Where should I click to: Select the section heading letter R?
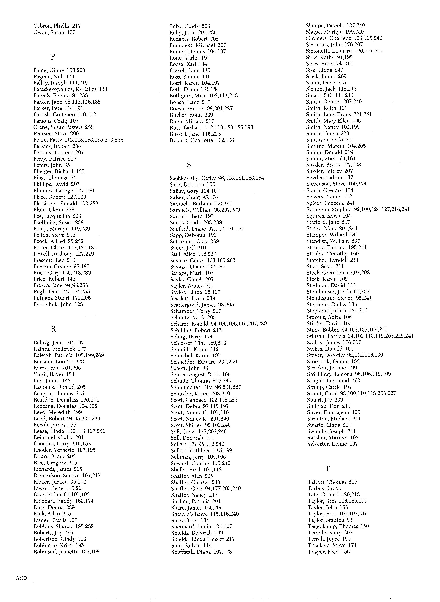53,329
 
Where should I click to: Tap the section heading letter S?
189,165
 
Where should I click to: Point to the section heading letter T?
327,468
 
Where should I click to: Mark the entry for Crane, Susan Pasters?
63,127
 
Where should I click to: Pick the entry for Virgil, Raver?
54,374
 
